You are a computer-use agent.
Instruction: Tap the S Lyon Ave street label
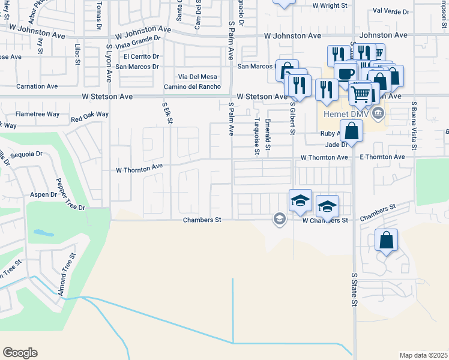(109, 62)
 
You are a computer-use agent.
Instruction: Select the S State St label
(354, 290)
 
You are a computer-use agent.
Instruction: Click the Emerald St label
(268, 135)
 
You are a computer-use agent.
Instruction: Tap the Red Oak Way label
(89, 114)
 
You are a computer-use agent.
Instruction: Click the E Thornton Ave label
(382, 157)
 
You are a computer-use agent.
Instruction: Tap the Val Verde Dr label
(391, 11)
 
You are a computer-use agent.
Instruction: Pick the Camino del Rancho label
(190, 87)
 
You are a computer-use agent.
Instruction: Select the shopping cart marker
(360, 94)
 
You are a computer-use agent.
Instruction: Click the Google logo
(20, 353)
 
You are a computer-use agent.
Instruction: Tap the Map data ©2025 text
(423, 355)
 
